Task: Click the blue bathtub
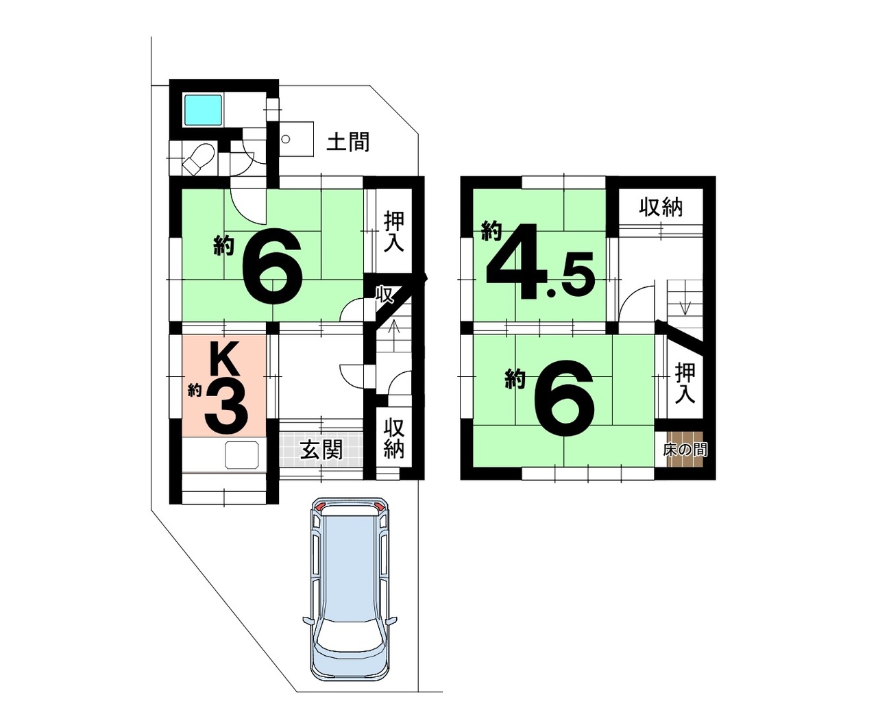(x=204, y=110)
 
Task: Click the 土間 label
(x=348, y=142)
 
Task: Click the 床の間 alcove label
(x=685, y=450)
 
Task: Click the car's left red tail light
(x=319, y=507)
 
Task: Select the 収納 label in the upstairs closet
(x=661, y=208)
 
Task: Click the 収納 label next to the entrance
(x=394, y=438)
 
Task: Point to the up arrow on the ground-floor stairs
(x=394, y=331)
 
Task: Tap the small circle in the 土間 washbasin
(x=286, y=139)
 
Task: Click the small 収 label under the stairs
(x=383, y=295)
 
